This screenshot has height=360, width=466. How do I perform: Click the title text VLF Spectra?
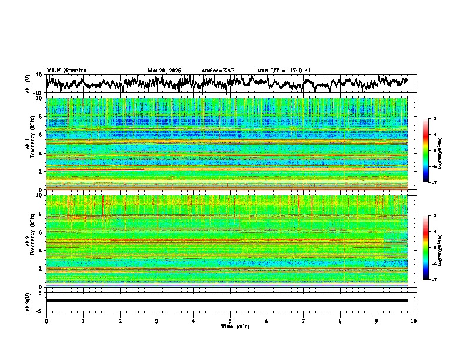66,70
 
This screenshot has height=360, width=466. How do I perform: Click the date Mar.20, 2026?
164,71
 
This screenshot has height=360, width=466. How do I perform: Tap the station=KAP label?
218,71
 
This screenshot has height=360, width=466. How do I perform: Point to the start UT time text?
284,71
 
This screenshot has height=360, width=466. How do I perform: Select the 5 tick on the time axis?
230,321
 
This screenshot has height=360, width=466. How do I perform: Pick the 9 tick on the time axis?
377,321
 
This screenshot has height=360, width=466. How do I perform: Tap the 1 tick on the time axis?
83,321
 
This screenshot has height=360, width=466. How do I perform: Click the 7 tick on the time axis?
304,321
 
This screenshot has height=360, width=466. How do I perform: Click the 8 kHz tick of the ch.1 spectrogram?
39,116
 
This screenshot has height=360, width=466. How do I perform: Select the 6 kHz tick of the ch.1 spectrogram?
39,135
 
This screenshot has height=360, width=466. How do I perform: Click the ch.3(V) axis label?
28,301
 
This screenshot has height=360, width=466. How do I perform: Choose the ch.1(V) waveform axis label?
28,84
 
